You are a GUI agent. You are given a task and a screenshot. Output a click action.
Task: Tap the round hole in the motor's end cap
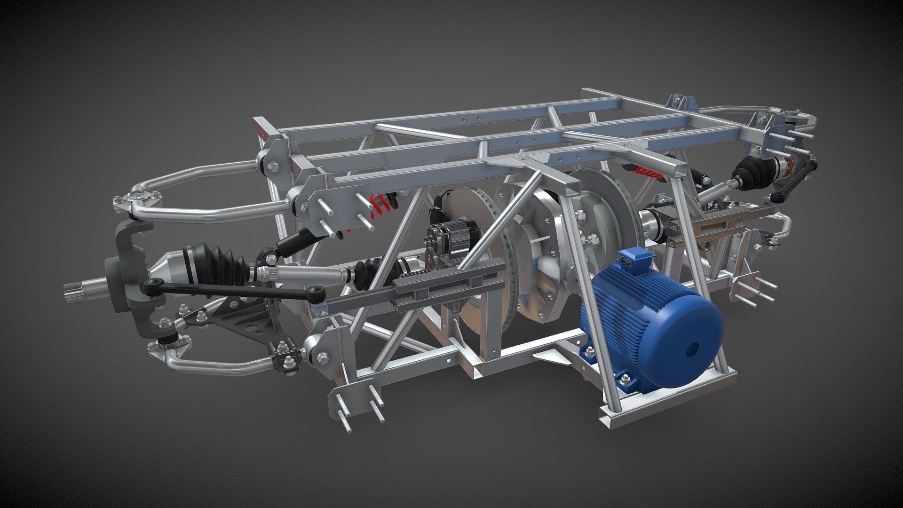pyautogui.click(x=692, y=349)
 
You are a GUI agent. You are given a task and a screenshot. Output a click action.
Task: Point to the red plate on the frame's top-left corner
pyautogui.click(x=260, y=129)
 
